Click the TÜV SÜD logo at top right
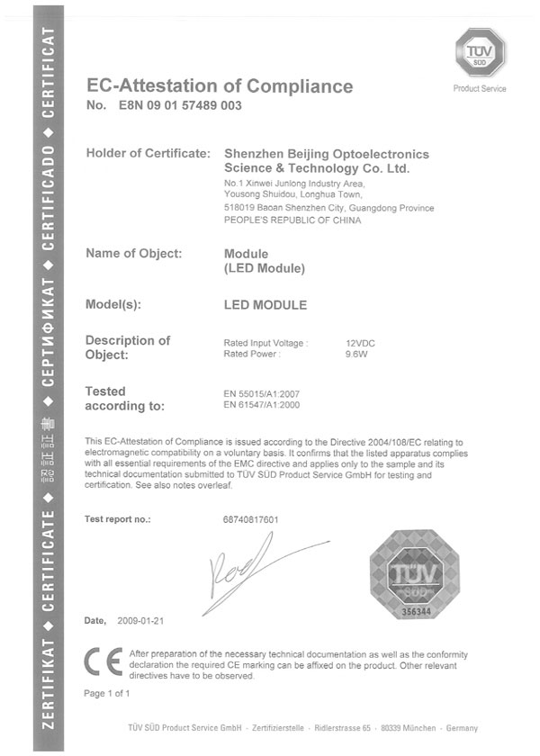click(x=480, y=52)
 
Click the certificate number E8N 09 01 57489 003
click(x=177, y=106)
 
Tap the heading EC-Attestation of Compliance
click(x=219, y=86)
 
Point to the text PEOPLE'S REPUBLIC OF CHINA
click(x=292, y=220)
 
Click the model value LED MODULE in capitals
click(x=265, y=305)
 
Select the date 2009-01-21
click(x=140, y=622)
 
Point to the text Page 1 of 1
click(x=107, y=694)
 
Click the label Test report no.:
click(x=117, y=520)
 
